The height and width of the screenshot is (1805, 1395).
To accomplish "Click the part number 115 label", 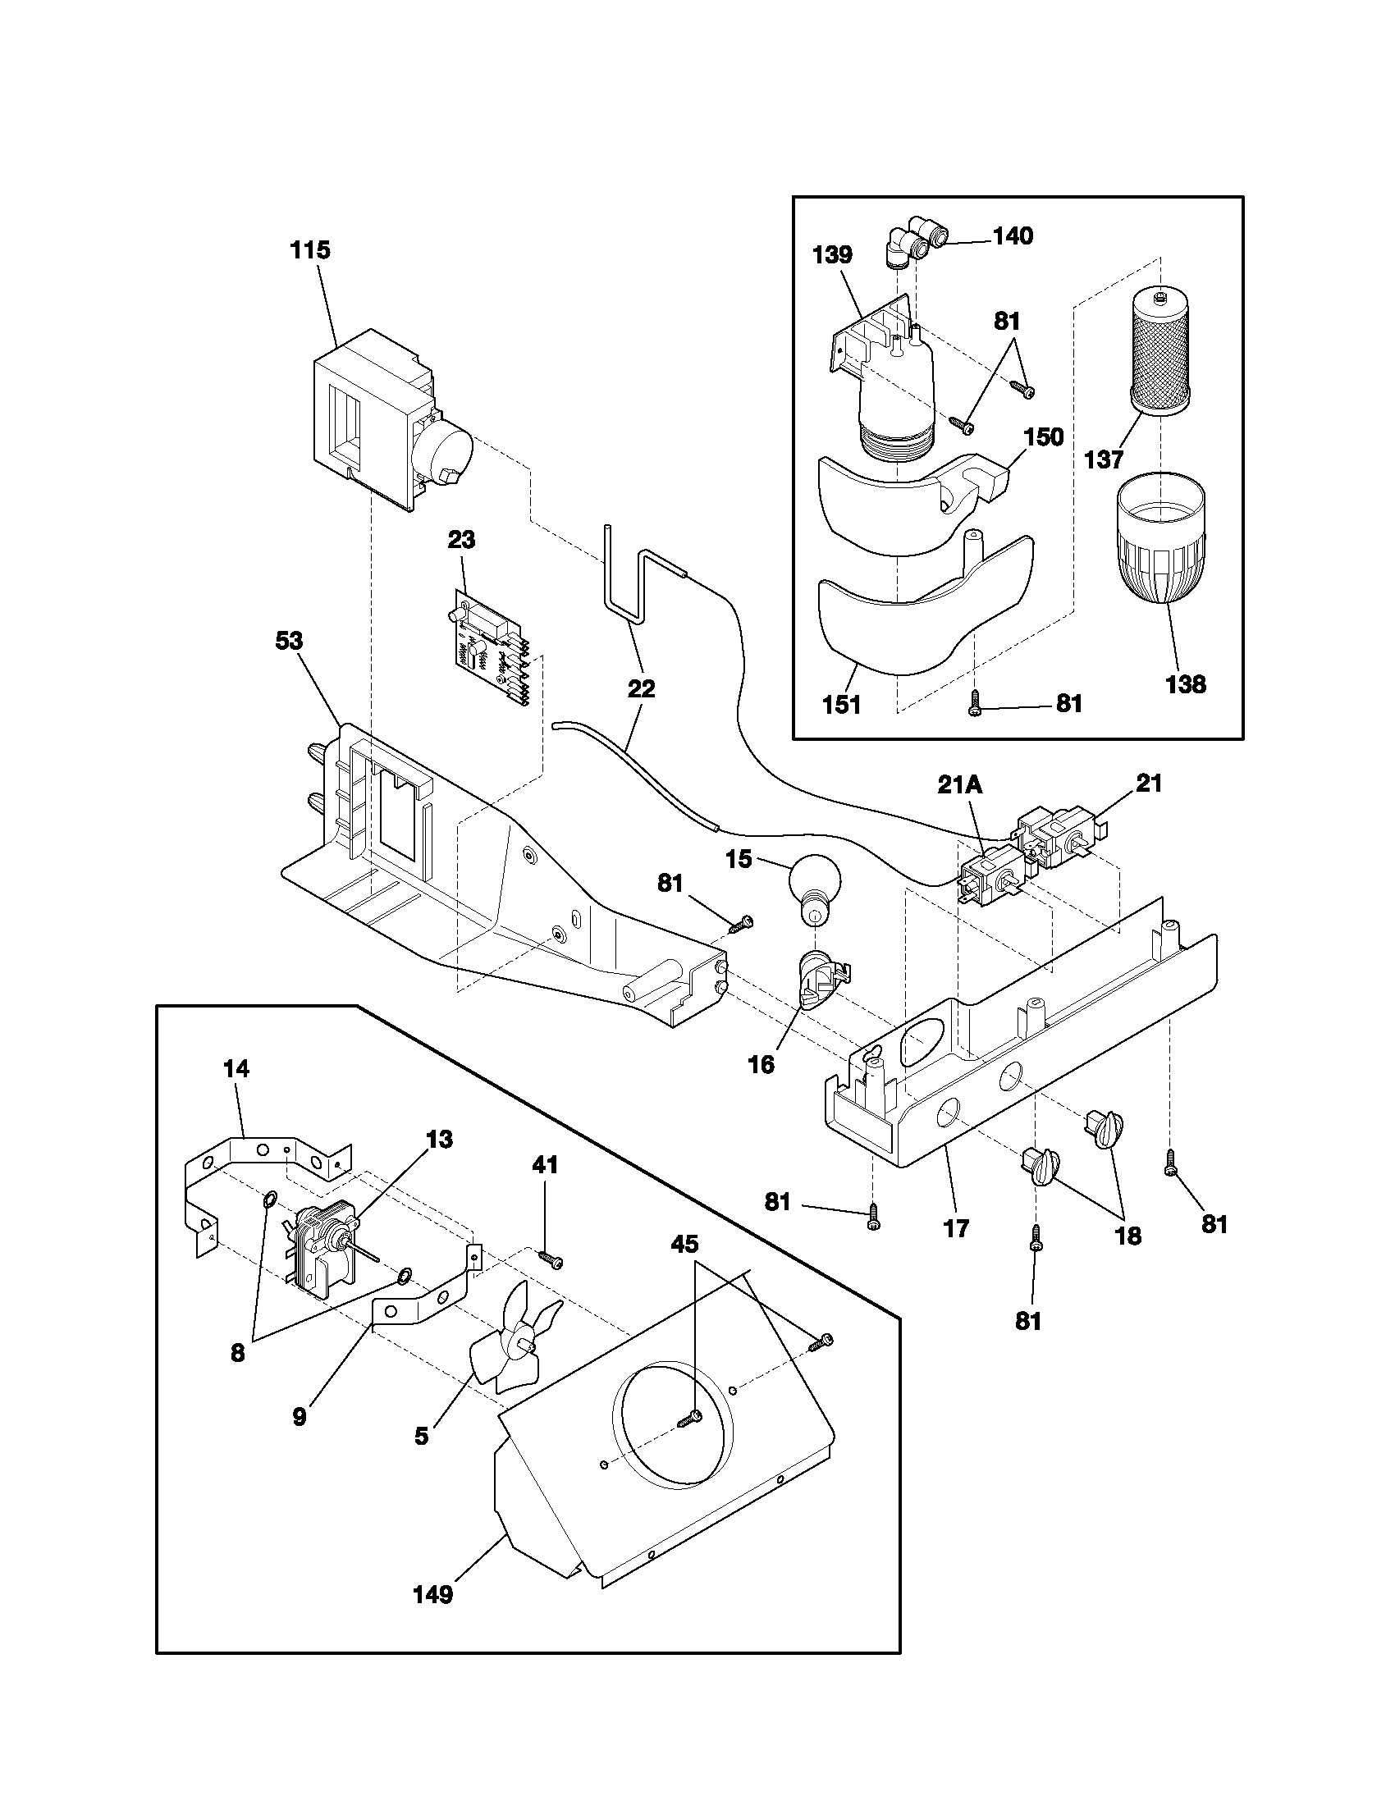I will [x=310, y=250].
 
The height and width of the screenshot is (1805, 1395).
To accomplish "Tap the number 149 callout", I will [x=433, y=1617].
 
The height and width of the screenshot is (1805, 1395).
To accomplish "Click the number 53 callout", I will [x=288, y=642].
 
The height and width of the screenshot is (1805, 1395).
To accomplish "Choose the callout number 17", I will [x=956, y=1228].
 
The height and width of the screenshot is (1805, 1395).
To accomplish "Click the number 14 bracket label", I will [x=236, y=1068].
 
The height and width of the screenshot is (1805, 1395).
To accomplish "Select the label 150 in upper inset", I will [x=1044, y=436].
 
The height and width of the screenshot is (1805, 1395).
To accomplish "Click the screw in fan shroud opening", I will [x=688, y=1421].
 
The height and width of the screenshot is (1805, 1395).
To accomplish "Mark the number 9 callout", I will [x=300, y=1417].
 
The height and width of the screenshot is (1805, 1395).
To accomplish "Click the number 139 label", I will [x=832, y=255].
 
